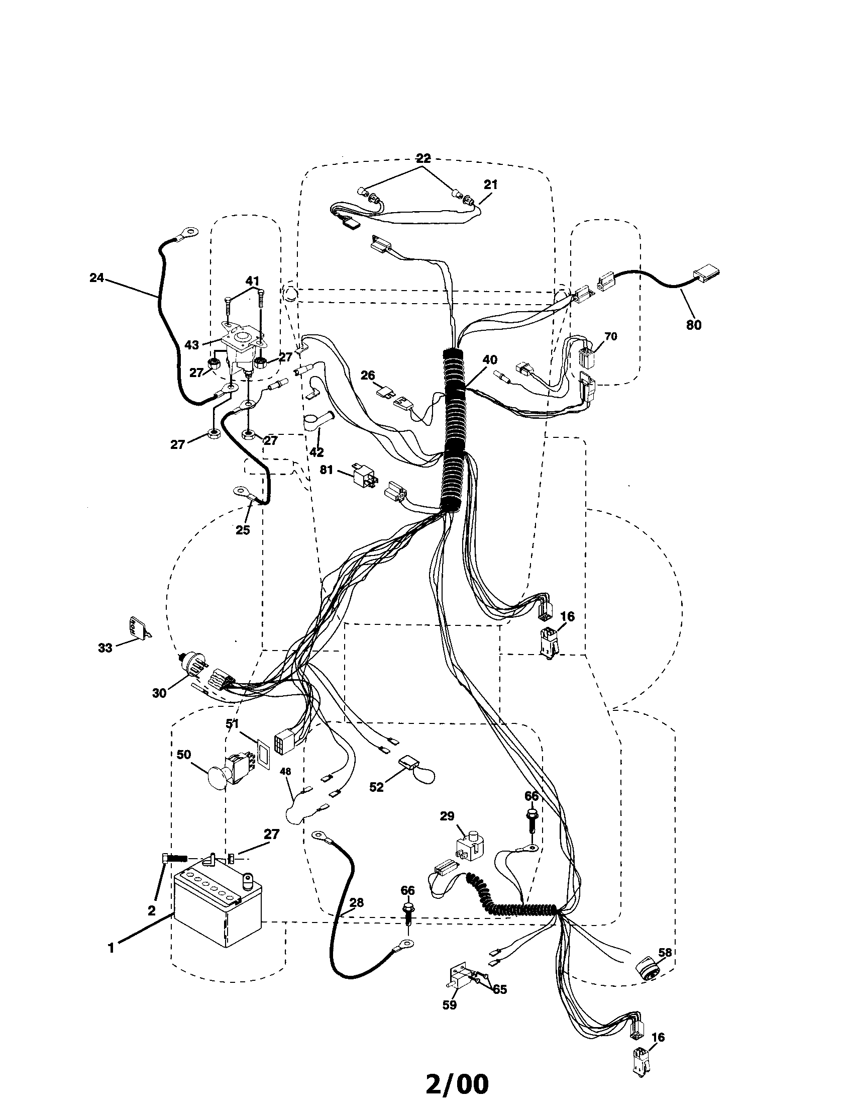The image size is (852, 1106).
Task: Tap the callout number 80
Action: point(694,325)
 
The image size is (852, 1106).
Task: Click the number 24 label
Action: point(96,278)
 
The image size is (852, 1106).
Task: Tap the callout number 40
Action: point(490,360)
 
